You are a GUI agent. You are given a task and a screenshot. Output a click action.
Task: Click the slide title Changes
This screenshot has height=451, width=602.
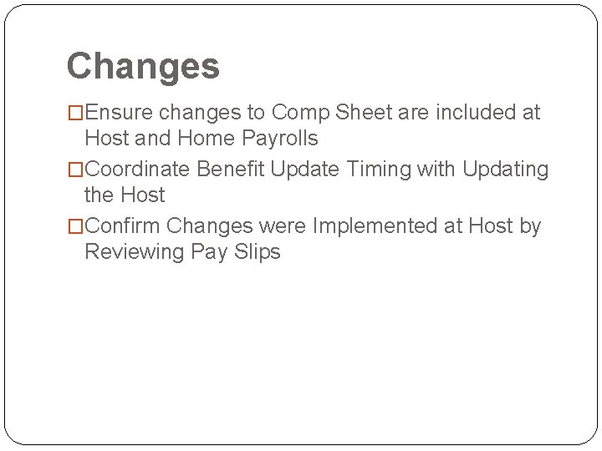[143, 66]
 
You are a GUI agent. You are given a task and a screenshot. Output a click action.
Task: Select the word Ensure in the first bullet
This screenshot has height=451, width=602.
[122, 113]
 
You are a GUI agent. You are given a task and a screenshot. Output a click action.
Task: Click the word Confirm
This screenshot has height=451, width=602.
[124, 226]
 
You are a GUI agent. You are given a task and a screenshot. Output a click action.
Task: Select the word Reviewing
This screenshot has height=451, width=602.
[134, 251]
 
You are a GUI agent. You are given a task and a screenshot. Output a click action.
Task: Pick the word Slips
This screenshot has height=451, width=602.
[256, 251]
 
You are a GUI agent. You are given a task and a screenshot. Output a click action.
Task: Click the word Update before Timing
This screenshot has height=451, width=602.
[304, 170]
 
